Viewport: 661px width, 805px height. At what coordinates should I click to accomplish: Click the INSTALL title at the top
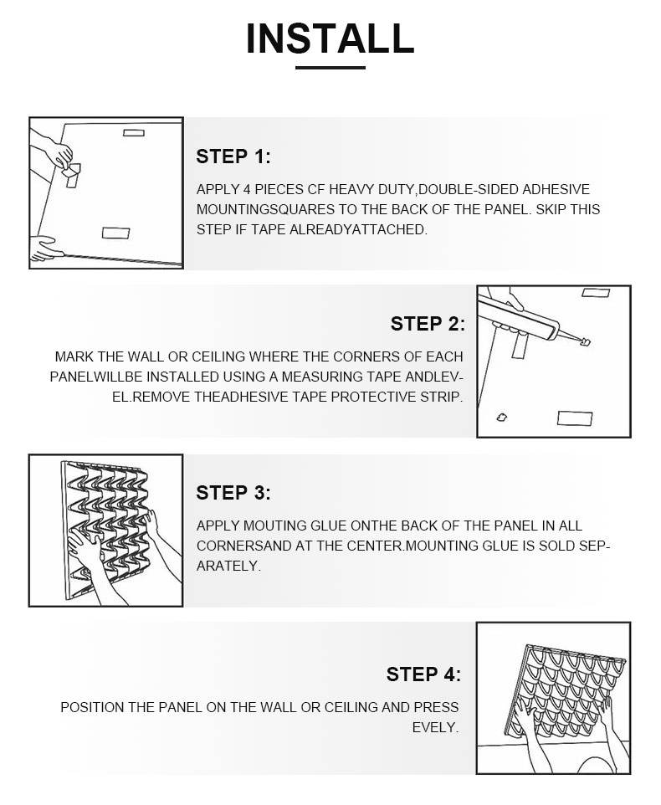330,38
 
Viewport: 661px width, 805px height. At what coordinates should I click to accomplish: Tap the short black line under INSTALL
330,67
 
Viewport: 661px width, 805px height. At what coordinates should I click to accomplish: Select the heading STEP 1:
233,156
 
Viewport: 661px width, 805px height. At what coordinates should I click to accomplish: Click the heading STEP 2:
428,324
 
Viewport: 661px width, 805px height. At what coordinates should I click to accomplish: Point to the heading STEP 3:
233,493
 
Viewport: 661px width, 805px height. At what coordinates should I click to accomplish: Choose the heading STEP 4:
424,674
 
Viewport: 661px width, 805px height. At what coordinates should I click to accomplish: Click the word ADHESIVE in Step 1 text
556,189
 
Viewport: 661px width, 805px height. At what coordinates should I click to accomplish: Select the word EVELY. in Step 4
435,727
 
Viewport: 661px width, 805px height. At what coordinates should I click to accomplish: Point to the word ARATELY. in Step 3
228,566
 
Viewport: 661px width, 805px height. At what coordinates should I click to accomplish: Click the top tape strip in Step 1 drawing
133,133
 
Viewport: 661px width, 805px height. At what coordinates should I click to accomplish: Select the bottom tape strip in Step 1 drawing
115,233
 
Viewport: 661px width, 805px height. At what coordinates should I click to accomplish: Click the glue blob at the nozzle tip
585,341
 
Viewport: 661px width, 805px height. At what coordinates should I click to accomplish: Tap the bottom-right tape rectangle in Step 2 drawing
575,418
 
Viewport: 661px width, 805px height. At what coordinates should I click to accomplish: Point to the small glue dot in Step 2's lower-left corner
502,418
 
